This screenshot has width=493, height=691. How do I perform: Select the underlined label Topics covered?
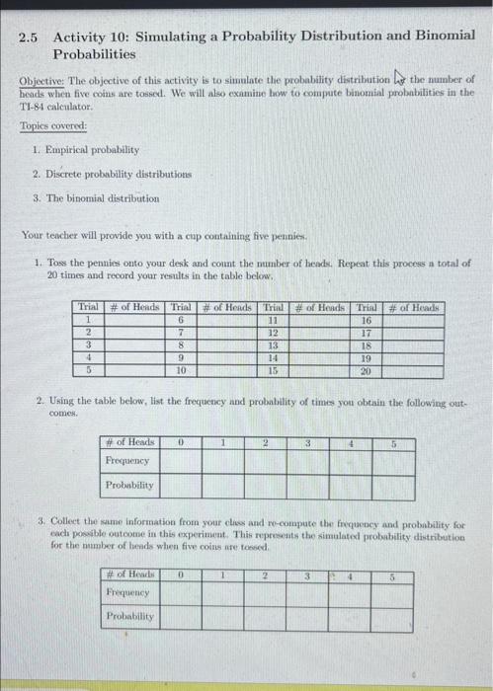click(x=53, y=126)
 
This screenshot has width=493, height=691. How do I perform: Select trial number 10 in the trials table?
click(x=181, y=369)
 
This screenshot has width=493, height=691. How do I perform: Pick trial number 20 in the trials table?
click(x=365, y=369)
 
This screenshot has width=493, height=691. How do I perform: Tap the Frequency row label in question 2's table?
click(x=127, y=461)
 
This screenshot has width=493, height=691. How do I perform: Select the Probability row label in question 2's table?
click(x=129, y=486)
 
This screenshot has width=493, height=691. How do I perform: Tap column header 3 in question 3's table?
click(x=308, y=574)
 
